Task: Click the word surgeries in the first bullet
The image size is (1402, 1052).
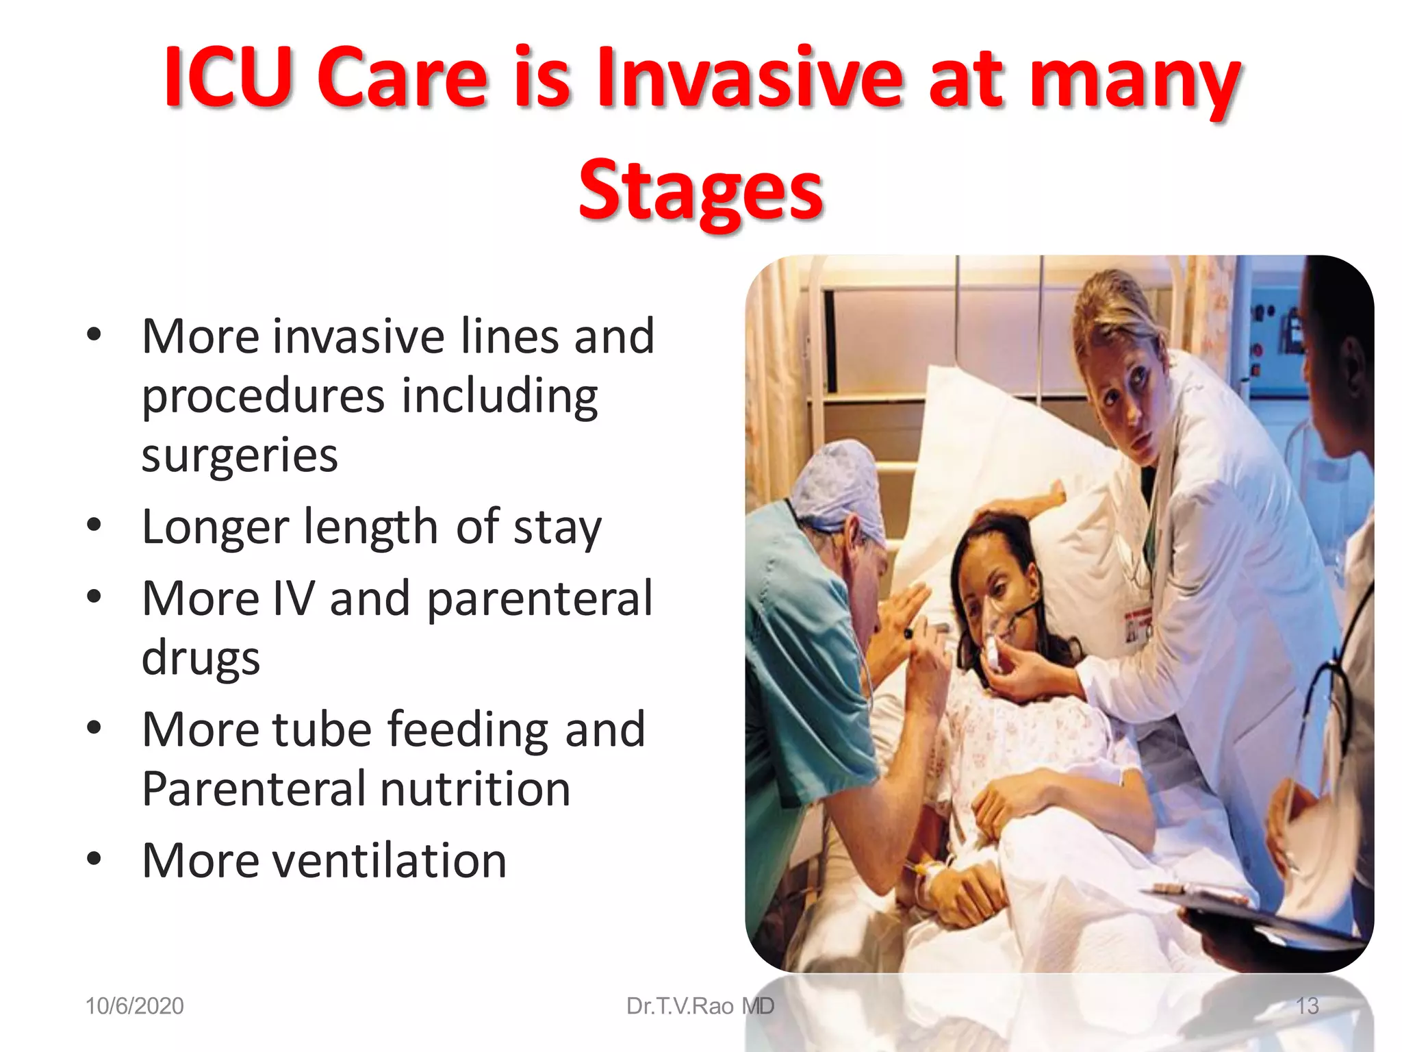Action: tap(240, 455)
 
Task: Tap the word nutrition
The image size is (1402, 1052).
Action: tap(475, 789)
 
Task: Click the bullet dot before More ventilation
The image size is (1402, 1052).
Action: tap(94, 859)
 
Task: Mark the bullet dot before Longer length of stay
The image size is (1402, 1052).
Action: tap(94, 525)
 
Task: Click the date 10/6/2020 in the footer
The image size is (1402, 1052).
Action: tap(134, 1006)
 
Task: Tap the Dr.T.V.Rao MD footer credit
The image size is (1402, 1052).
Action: tap(700, 1006)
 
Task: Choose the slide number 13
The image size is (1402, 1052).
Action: tap(1307, 1006)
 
